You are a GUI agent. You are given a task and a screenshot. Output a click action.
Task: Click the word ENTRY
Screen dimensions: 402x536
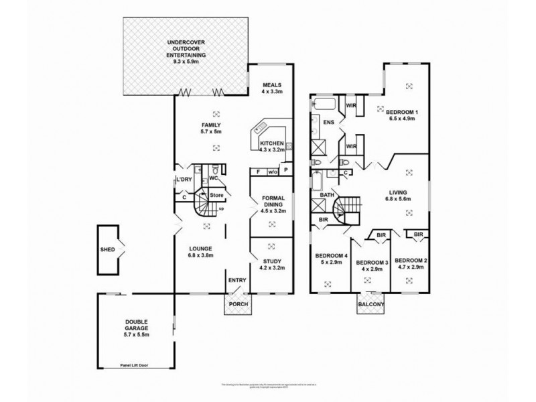[x=237, y=280]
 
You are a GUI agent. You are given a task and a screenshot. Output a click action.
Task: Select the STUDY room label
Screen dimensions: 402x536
[x=272, y=260]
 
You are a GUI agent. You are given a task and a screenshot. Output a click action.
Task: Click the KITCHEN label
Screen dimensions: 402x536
[x=272, y=144]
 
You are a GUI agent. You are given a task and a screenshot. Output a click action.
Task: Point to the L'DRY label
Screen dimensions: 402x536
[x=183, y=179]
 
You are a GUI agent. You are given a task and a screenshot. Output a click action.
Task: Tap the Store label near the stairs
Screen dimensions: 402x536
[x=216, y=195]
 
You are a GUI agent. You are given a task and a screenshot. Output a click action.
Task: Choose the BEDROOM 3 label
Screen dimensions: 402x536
[x=372, y=262]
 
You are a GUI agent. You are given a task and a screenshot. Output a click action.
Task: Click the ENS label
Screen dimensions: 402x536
[x=328, y=123]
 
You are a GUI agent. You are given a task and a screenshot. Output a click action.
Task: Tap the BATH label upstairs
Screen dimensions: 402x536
[x=327, y=195]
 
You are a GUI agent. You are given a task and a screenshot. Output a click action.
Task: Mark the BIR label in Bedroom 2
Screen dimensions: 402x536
[x=418, y=234]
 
